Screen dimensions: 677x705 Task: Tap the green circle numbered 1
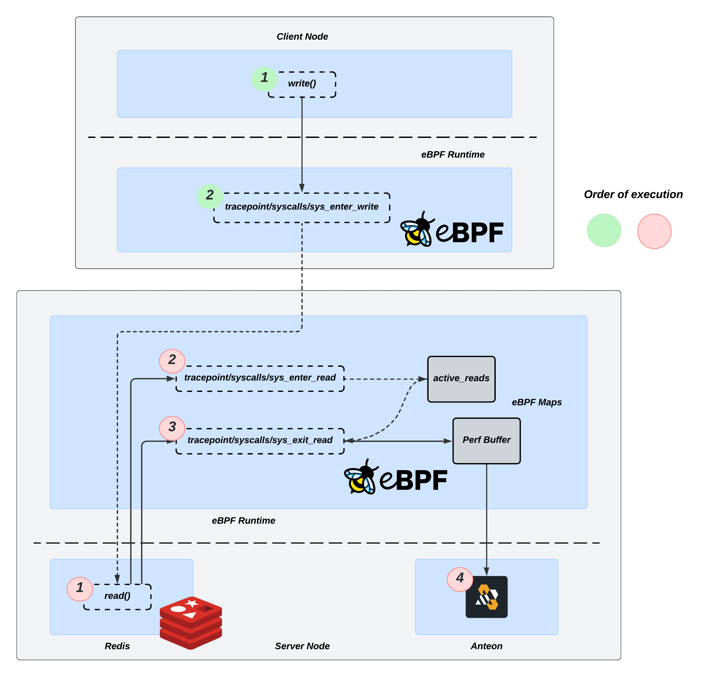pos(264,78)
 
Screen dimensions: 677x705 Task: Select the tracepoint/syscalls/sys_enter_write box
pos(301,208)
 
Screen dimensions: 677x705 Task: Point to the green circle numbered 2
pos(210,196)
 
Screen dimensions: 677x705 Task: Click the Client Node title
pos(302,37)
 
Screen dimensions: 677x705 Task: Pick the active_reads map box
pos(461,379)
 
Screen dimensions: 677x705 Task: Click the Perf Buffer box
pos(486,441)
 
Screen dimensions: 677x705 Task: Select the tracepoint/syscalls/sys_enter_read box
pos(260,378)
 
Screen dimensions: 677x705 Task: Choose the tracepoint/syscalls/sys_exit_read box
pos(260,441)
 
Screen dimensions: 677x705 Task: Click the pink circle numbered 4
pos(460,579)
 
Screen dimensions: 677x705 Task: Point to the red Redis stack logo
pos(191,622)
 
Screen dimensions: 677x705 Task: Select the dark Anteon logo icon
pos(486,597)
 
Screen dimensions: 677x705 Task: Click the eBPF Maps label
pos(537,402)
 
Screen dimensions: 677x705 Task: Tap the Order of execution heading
pos(633,195)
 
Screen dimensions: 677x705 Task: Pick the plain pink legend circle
pos(654,231)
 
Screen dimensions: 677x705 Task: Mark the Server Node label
pos(302,646)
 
